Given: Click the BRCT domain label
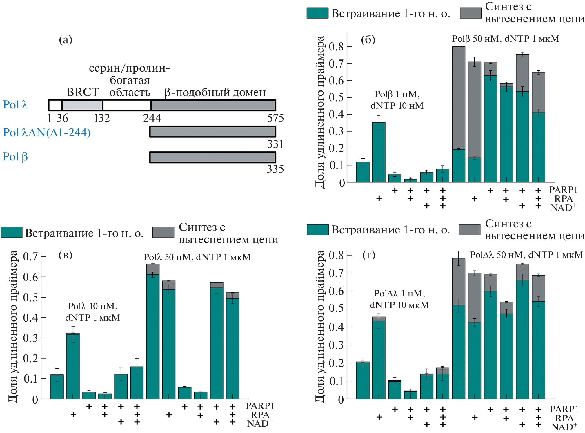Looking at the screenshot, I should tap(83, 92).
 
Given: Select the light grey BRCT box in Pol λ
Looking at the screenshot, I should tap(82, 105).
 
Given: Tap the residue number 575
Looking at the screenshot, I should tap(275, 118).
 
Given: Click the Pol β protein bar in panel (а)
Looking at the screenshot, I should tap(212, 157).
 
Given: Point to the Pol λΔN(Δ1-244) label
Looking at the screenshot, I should tap(47, 133).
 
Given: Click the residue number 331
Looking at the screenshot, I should tap(275, 144).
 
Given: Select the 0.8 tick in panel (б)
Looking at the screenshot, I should tap(336, 47).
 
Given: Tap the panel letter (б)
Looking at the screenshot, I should tap(368, 39).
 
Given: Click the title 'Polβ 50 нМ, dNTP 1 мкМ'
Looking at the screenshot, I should tap(505, 39).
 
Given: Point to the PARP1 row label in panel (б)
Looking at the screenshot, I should tap(563, 190).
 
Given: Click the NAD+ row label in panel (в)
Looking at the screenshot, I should tap(260, 423).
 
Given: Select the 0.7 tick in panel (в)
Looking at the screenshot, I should tap(30, 256).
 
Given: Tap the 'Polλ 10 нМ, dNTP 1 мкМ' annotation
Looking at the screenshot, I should tap(93, 312).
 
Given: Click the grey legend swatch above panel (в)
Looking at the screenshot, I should tap(163, 232).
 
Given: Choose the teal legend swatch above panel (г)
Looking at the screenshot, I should tap(318, 229).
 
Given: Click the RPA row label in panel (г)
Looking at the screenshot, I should tap(564, 418).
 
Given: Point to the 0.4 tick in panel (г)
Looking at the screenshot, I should tap(336, 327).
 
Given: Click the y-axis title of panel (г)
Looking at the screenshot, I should tap(320, 326).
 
